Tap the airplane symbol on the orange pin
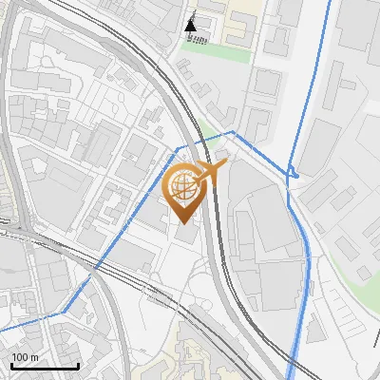point(210,172)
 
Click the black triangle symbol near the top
point(193,24)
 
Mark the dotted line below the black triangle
point(199,39)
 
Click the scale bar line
point(45,367)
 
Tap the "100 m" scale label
point(25,358)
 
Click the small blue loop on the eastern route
point(294,174)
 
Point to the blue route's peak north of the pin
point(233,131)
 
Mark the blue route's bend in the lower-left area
point(63,312)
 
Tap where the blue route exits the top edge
point(331,3)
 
